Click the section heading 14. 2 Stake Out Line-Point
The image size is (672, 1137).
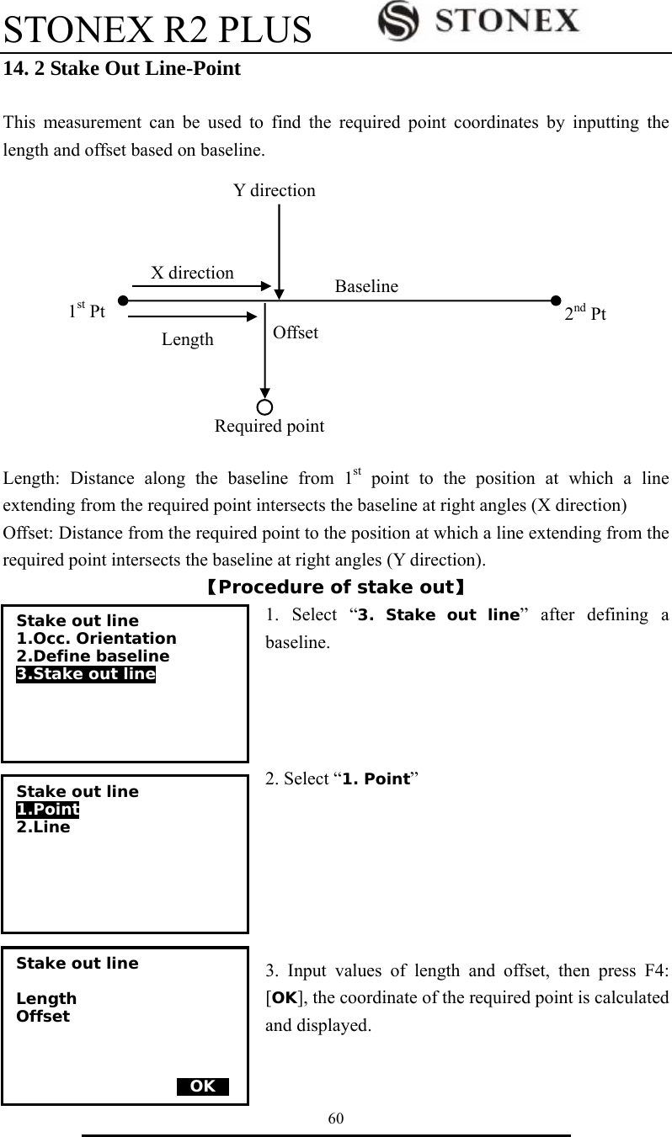click(x=123, y=69)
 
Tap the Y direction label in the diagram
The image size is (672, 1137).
click(x=275, y=190)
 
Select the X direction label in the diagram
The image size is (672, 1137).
click(x=192, y=273)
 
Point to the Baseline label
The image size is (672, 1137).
click(x=366, y=286)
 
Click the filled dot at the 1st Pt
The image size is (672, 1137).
click(x=123, y=300)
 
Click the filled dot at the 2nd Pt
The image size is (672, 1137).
click(x=555, y=300)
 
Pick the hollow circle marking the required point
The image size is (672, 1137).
click(x=265, y=407)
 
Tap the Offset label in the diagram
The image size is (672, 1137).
click(x=296, y=332)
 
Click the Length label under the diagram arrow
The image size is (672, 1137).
click(x=188, y=339)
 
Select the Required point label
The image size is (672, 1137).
click(x=269, y=426)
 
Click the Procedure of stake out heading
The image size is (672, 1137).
click(x=336, y=587)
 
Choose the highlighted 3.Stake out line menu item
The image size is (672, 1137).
click(x=86, y=673)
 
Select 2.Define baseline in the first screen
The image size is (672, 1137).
click(x=93, y=656)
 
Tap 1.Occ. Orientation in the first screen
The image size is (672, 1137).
click(x=97, y=639)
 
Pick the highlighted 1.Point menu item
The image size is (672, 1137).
click(x=48, y=810)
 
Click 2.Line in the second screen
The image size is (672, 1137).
click(x=44, y=827)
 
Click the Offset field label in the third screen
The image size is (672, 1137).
click(x=44, y=1016)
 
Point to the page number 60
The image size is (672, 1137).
click(x=336, y=1118)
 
